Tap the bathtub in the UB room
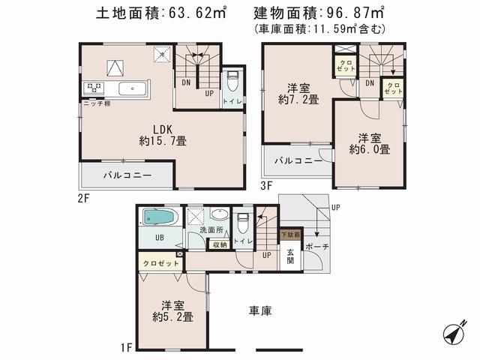(158, 217)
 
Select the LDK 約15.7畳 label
(162, 134)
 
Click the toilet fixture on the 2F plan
(233, 80)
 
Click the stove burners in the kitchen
(95, 88)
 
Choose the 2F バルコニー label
(128, 175)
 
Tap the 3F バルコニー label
(298, 160)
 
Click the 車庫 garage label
(259, 309)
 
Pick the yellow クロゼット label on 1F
(160, 264)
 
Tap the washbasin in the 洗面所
(217, 213)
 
